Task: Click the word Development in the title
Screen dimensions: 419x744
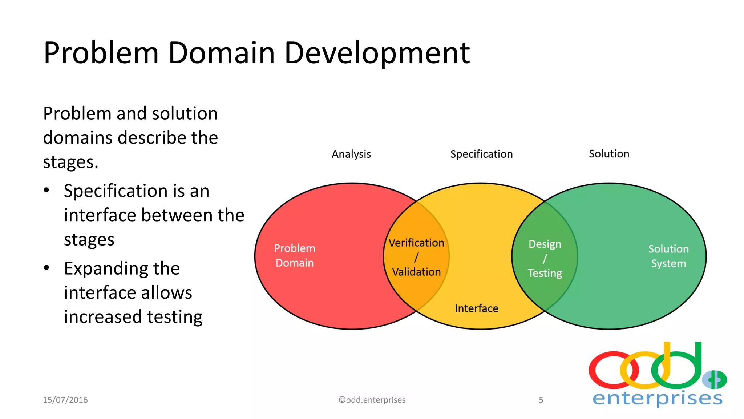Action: click(377, 53)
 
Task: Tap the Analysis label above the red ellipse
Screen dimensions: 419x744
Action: click(351, 154)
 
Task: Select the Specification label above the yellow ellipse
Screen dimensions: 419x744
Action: click(481, 154)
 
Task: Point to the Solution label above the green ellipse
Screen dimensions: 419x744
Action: click(609, 154)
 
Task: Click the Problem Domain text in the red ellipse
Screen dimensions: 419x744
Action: click(295, 255)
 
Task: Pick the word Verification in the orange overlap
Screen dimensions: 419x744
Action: click(416, 243)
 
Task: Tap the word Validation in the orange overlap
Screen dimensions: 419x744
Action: click(416, 272)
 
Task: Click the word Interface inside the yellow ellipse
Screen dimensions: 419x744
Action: click(476, 308)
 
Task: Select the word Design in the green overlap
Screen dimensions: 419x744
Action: click(545, 244)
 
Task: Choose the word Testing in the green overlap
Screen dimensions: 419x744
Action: click(545, 273)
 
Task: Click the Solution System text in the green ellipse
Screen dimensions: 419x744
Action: click(668, 256)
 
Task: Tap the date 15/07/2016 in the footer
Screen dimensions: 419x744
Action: click(65, 400)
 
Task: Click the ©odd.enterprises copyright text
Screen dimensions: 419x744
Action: click(372, 400)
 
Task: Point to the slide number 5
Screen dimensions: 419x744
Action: click(541, 400)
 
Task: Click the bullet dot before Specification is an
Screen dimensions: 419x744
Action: click(46, 191)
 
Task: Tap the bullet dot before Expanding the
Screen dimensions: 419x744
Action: click(46, 268)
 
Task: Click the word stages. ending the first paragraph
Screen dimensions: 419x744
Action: click(71, 162)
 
